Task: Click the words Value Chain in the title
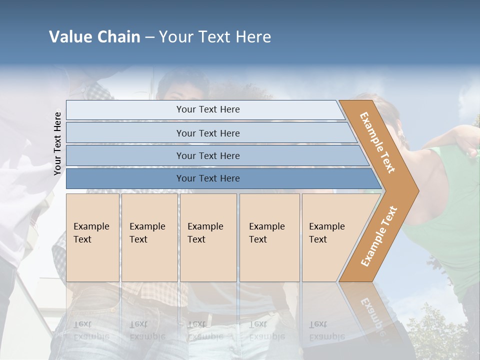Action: pyautogui.click(x=94, y=37)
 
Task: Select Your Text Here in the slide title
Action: pyautogui.click(x=215, y=37)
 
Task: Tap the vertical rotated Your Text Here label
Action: pyautogui.click(x=58, y=143)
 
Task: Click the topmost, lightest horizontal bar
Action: pyautogui.click(x=205, y=109)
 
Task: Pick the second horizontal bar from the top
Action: pyautogui.click(x=207, y=133)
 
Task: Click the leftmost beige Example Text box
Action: pyautogui.click(x=92, y=237)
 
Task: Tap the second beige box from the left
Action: pyautogui.click(x=149, y=237)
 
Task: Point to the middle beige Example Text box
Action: pyautogui.click(x=208, y=237)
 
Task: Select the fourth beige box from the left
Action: pyautogui.click(x=269, y=237)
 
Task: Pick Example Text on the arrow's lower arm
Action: pyautogui.click(x=379, y=236)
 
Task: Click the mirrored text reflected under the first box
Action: pyautogui.click(x=91, y=330)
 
